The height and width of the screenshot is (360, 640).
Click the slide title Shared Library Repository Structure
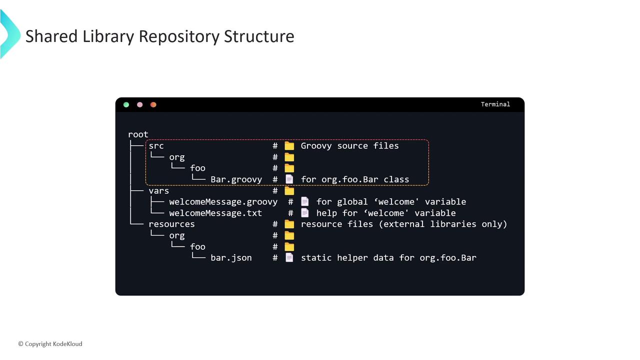[159, 36]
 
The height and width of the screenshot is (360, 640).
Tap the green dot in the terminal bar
[126, 104]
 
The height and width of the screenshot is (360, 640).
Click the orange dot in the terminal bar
[153, 104]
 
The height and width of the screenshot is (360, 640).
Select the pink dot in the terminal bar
[139, 104]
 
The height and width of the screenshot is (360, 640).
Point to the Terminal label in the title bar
[495, 104]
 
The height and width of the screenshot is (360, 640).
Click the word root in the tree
[138, 134]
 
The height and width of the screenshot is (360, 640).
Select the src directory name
[156, 146]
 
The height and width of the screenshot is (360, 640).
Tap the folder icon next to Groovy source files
[289, 146]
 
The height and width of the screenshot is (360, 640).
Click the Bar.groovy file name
[236, 179]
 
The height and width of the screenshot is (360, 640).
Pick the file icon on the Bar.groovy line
[289, 179]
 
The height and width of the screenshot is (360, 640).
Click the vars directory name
[158, 190]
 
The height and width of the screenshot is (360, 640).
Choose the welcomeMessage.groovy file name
[223, 202]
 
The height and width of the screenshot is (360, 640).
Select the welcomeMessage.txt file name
[215, 213]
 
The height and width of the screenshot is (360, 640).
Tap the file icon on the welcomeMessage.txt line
[304, 213]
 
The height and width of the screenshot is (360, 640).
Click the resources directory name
[171, 224]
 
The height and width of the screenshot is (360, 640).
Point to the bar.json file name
[231, 258]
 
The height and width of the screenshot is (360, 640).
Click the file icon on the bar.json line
[289, 257]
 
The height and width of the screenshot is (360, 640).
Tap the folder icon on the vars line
[289, 190]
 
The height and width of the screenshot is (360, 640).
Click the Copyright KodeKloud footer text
[50, 344]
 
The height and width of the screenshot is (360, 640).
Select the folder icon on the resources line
[289, 224]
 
